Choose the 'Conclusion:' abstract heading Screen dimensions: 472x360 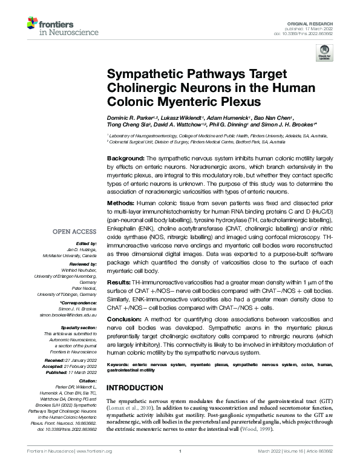pos(126,320)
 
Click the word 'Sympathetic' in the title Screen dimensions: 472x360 pos(149,74)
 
